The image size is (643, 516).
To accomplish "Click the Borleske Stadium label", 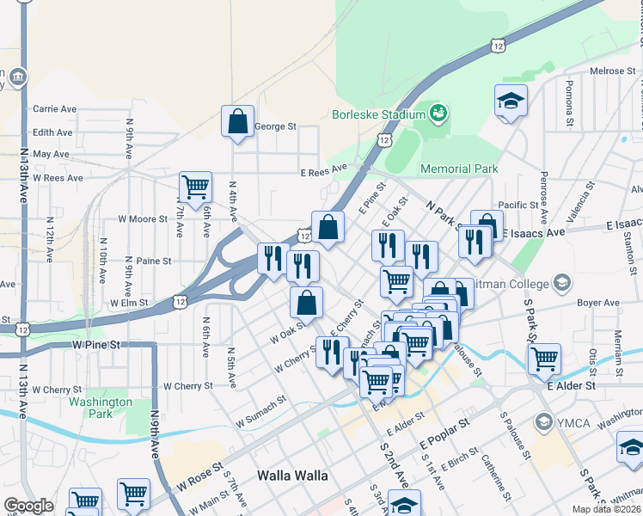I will tap(379, 114).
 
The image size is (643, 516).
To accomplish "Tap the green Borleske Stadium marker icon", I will tap(438, 113).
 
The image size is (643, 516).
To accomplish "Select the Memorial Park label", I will tap(459, 169).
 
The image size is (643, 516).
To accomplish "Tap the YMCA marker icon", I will tap(543, 422).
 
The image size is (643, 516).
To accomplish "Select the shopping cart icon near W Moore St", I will tap(196, 186).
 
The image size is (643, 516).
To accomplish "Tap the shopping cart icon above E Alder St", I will tap(544, 358).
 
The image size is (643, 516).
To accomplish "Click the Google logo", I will tap(28, 506).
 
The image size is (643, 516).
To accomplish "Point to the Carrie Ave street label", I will tap(54, 109).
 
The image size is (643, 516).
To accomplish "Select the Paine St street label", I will tap(154, 261).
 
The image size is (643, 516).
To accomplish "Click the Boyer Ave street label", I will tap(598, 303).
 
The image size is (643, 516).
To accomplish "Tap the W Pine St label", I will tap(95, 344).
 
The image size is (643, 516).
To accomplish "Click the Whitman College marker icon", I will tap(562, 283).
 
